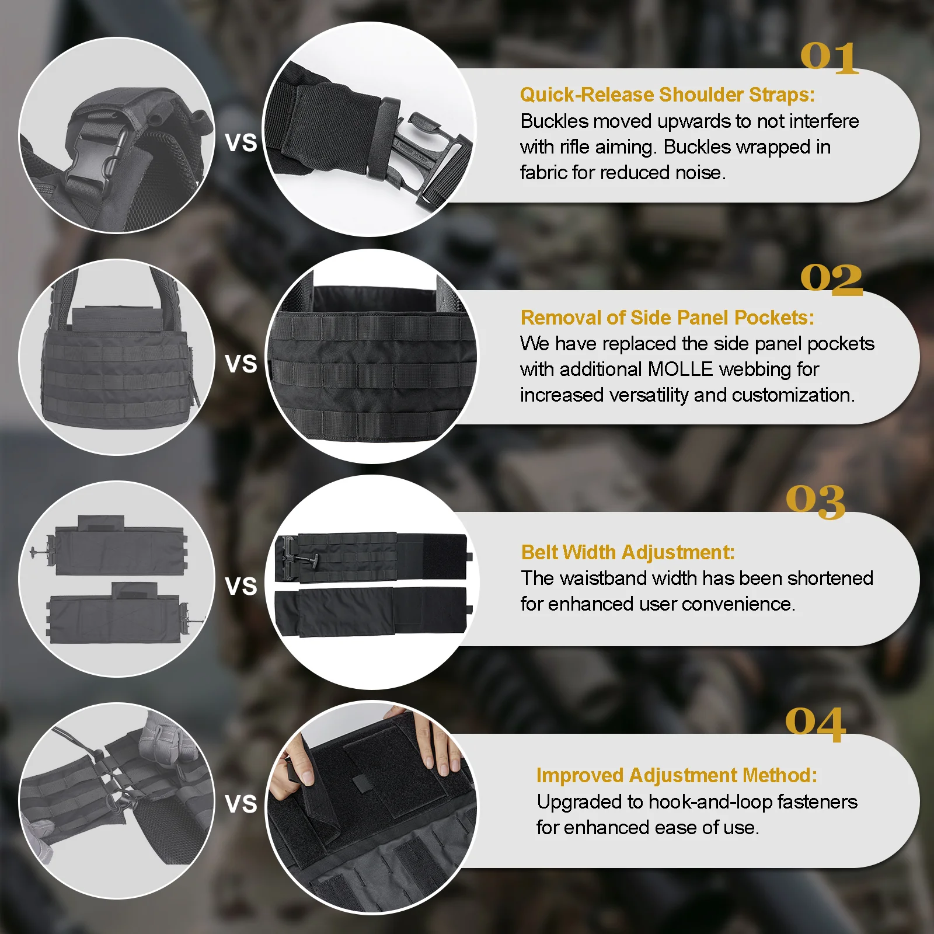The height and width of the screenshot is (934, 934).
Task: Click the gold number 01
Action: click(x=829, y=58)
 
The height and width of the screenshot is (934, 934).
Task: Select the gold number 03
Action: click(x=815, y=501)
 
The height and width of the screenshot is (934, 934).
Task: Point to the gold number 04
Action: click(x=815, y=724)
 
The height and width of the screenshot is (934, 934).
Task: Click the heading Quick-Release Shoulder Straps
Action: click(x=667, y=95)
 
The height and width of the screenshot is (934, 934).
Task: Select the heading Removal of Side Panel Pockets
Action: click(x=667, y=318)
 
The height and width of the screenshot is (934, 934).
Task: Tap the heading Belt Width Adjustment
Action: click(x=628, y=552)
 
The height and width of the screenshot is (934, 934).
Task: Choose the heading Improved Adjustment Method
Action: click(x=676, y=775)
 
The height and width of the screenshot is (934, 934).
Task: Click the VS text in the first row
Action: click(x=241, y=143)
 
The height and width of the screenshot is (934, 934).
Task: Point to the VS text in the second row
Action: click(x=241, y=364)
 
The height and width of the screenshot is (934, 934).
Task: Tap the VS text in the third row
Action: click(x=241, y=586)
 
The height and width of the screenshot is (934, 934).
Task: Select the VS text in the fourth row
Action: click(x=241, y=804)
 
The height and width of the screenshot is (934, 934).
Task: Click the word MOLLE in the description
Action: click(x=680, y=370)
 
